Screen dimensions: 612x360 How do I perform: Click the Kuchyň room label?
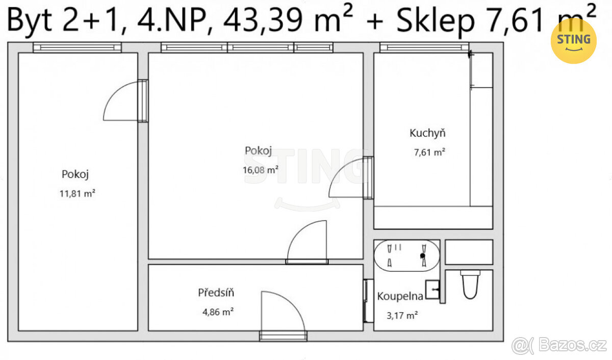coord(427,133)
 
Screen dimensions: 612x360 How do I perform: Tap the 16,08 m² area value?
coord(261,170)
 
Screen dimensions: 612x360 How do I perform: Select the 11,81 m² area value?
coord(78,194)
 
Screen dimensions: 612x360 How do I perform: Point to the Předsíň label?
coord(216,293)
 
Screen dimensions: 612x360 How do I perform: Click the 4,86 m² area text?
coord(218,312)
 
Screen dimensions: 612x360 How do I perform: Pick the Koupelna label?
coord(400,296)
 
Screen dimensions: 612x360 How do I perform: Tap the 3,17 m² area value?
coord(402,316)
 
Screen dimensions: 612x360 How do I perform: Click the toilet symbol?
coord(470,285)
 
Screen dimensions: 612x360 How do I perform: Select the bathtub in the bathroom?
coord(407,255)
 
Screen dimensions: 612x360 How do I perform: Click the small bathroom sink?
coord(432,290)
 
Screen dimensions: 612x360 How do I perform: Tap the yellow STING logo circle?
coord(573,41)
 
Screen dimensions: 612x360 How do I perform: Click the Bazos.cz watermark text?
coord(572,345)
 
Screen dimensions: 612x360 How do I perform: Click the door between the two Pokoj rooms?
coord(125,101)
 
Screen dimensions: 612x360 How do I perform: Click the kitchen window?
coord(424,47)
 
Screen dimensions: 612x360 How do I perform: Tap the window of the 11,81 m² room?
coord(77,47)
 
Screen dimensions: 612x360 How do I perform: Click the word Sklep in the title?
coord(436,21)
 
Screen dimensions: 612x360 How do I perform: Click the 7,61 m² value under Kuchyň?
coord(429,152)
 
